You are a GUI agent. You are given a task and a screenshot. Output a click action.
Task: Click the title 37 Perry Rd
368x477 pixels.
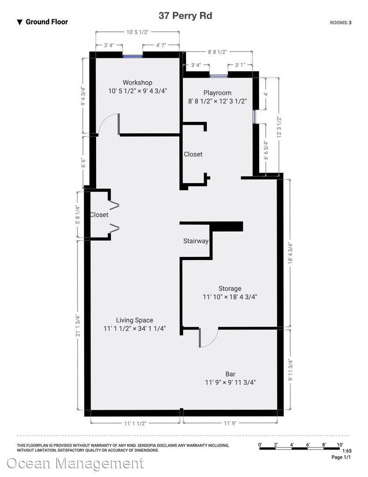(185, 16)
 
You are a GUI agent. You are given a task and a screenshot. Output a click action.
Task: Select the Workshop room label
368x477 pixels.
(138, 83)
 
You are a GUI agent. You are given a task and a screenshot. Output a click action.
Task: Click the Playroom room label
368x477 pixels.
(217, 93)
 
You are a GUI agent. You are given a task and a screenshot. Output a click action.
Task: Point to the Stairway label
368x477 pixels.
(196, 241)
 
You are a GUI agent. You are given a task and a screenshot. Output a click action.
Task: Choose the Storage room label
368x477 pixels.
(230, 289)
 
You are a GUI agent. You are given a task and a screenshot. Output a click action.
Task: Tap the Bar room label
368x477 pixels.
(230, 374)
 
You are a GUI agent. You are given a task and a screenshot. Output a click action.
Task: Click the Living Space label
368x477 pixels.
(134, 320)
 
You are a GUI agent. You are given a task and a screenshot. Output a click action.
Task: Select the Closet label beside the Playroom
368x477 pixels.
(193, 154)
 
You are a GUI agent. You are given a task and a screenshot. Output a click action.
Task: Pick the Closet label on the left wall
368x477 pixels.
(99, 215)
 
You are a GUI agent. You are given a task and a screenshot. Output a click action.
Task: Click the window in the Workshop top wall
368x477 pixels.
(133, 56)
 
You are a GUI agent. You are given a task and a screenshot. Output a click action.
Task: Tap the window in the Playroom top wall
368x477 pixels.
(219, 76)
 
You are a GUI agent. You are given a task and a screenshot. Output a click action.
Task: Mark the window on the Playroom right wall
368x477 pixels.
(254, 116)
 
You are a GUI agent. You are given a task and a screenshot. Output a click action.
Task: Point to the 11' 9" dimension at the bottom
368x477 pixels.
(230, 423)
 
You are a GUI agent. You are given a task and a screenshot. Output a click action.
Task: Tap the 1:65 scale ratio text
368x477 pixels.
(346, 451)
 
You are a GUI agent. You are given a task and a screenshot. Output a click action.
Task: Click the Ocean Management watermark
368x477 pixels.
(75, 463)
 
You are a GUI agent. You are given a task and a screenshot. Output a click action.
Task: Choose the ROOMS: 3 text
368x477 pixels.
(341, 23)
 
